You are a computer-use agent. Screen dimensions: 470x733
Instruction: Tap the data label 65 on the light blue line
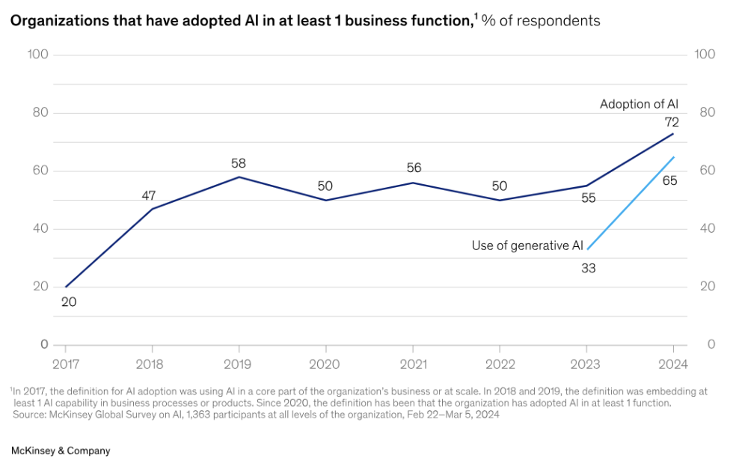click(x=670, y=180)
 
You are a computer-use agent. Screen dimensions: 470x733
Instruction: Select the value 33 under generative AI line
click(x=588, y=267)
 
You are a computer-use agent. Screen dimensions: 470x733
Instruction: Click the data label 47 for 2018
click(x=149, y=196)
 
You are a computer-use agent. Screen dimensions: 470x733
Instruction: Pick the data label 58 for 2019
click(x=239, y=163)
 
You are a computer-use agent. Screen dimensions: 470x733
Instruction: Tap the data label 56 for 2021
click(x=412, y=168)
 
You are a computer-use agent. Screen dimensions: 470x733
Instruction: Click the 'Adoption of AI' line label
click(x=639, y=105)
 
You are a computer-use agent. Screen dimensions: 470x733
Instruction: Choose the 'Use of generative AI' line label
click(x=527, y=245)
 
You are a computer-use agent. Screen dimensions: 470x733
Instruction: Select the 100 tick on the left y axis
click(x=37, y=55)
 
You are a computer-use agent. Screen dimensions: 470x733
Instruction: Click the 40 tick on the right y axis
click(x=705, y=229)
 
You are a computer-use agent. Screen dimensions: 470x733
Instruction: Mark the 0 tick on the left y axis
click(x=43, y=345)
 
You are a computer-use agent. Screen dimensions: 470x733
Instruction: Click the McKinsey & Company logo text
click(x=61, y=451)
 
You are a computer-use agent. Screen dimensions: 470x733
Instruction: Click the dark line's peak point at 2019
click(x=239, y=177)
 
